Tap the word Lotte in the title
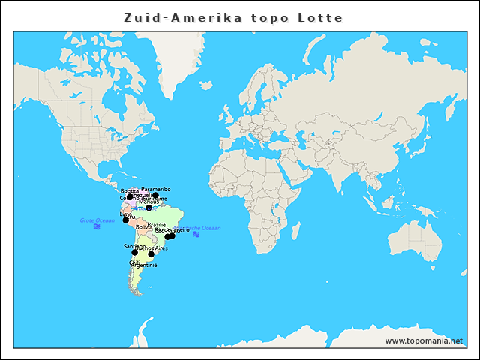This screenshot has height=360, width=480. [319, 17]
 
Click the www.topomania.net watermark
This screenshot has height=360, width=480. [424, 340]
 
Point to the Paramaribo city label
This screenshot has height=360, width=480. [156, 190]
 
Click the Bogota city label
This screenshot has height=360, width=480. [129, 191]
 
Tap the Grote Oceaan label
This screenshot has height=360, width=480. [97, 220]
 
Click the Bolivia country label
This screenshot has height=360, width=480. [144, 226]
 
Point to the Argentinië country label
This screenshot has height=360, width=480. [144, 265]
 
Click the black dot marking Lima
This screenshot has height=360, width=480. [126, 220]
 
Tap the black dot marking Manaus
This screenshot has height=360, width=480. [148, 208]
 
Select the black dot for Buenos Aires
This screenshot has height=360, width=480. [151, 254]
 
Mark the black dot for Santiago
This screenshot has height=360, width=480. [135, 252]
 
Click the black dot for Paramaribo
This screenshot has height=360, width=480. [155, 196]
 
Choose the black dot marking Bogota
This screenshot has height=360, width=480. [130, 197]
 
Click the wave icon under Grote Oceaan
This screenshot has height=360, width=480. [97, 226]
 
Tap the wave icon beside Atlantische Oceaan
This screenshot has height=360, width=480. [196, 235]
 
